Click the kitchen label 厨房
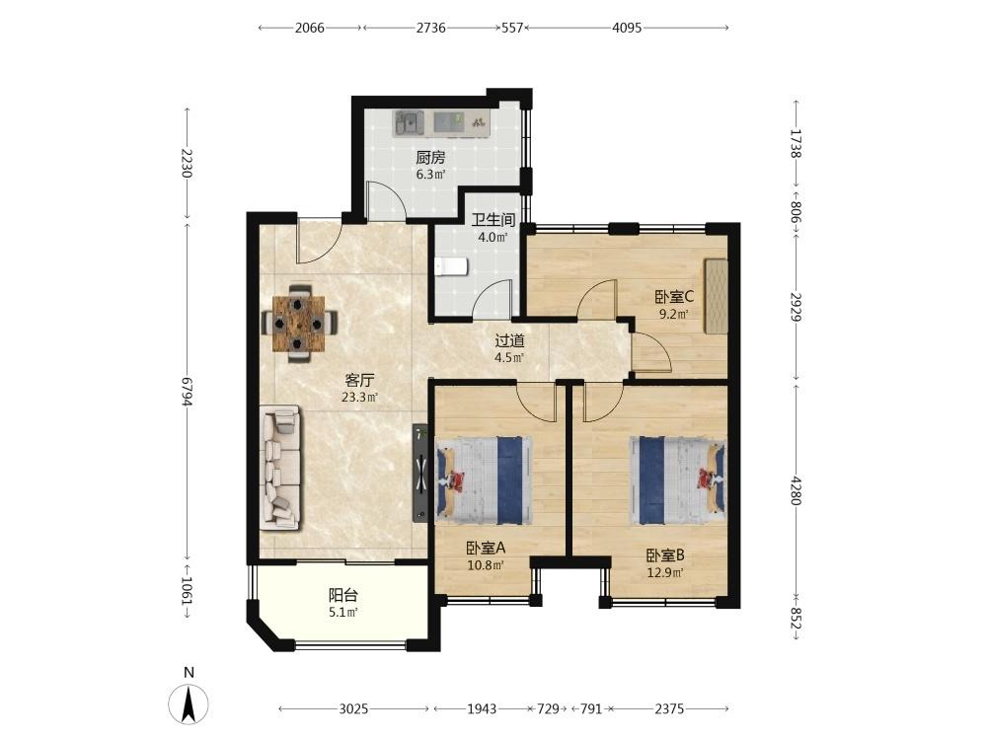coord(430,157)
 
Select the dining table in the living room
coord(299,322)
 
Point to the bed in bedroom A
coord(483,480)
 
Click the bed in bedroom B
coord(678,480)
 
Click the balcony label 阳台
coord(342,595)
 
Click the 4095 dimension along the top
coord(627,29)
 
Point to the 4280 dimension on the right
coord(796,490)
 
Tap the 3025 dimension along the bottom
coord(353,708)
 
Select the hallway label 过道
coord(509,341)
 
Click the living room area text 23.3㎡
coord(359,398)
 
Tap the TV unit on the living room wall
coord(420,474)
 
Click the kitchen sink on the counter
coord(409,122)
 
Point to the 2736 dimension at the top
coord(430,29)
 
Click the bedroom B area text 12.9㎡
coord(664,572)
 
